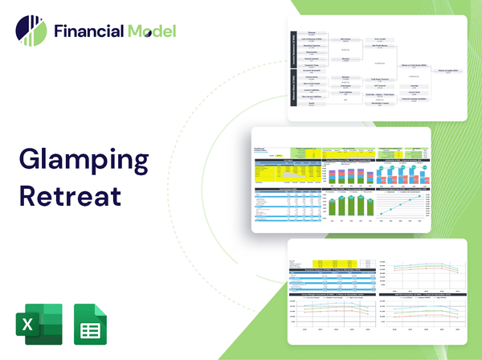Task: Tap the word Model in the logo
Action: point(149,31)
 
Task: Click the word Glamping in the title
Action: point(84,159)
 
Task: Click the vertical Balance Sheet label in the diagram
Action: point(292,91)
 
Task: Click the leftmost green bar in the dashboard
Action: point(332,207)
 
